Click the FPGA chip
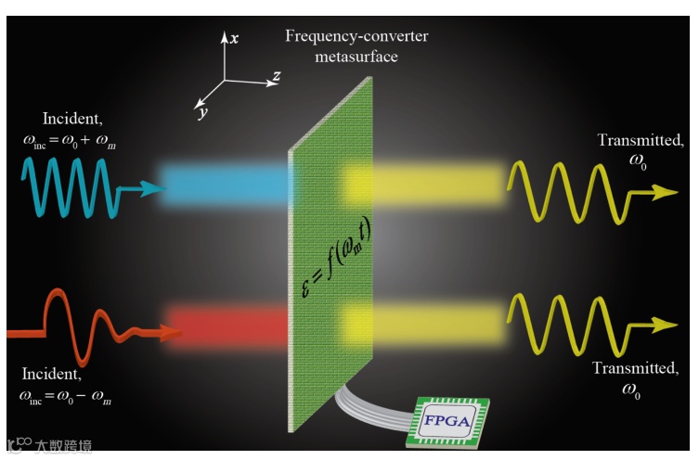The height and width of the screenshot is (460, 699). (x=449, y=422)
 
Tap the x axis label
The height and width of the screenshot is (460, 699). (x=235, y=38)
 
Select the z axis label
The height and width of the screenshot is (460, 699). (x=276, y=77)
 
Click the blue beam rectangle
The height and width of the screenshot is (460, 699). (x=223, y=185)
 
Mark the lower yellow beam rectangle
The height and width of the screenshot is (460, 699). (x=422, y=325)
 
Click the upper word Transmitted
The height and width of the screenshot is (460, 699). (x=640, y=141)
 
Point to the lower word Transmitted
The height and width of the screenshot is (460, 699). (x=635, y=368)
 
